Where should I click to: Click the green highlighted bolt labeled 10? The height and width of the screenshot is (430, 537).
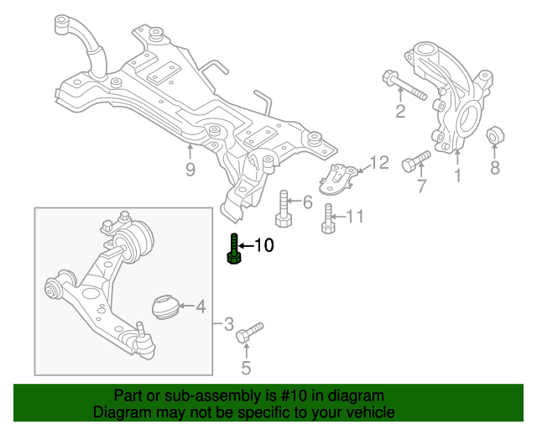pyautogui.click(x=234, y=250)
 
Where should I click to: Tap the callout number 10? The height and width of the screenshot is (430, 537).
pyautogui.click(x=263, y=246)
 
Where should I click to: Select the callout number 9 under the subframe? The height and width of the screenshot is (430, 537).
pyautogui.click(x=190, y=170)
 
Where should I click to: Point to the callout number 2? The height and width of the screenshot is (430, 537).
pyautogui.click(x=400, y=112)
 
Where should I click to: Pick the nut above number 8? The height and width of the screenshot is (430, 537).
pyautogui.click(x=495, y=134)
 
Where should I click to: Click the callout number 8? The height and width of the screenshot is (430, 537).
pyautogui.click(x=495, y=168)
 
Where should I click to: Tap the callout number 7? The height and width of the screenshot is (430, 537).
pyautogui.click(x=421, y=186)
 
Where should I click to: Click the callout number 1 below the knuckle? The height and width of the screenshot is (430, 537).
pyautogui.click(x=458, y=176)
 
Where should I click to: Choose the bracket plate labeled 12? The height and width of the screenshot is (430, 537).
pyautogui.click(x=340, y=177)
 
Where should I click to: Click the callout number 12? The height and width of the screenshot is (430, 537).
pyautogui.click(x=379, y=162)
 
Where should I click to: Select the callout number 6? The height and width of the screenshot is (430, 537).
pyautogui.click(x=307, y=202)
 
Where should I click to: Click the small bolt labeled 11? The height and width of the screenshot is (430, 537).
pyautogui.click(x=328, y=219)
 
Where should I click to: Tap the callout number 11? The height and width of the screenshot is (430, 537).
pyautogui.click(x=355, y=218)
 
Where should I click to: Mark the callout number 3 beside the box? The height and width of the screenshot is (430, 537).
pyautogui.click(x=227, y=322)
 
